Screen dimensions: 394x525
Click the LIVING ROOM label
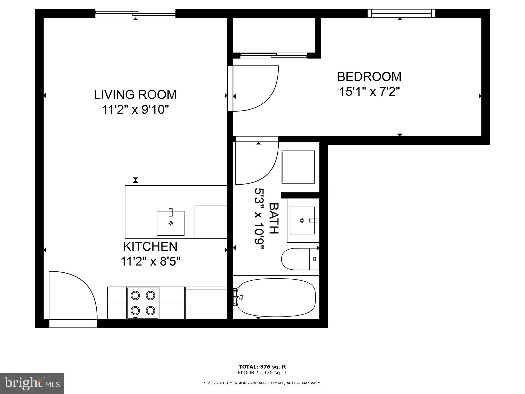coord(135,94)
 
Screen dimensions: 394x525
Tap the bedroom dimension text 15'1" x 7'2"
coord(369,92)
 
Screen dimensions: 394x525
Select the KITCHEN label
coord(150,247)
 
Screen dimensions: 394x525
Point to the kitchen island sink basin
coord(170,223)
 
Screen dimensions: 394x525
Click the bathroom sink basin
coord(302,220)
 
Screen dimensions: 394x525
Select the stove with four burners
coord(143,303)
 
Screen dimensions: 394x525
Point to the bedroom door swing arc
coord(256,88)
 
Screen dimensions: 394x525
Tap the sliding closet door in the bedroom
coord(274,55)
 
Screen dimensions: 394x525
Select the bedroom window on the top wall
coord(401,13)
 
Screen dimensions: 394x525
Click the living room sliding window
coord(135,13)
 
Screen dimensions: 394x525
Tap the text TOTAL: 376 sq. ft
coord(262,367)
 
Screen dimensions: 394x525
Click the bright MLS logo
coord(32,383)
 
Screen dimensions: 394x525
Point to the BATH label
coord(274,218)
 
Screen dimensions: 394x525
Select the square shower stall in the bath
coord(298,167)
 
